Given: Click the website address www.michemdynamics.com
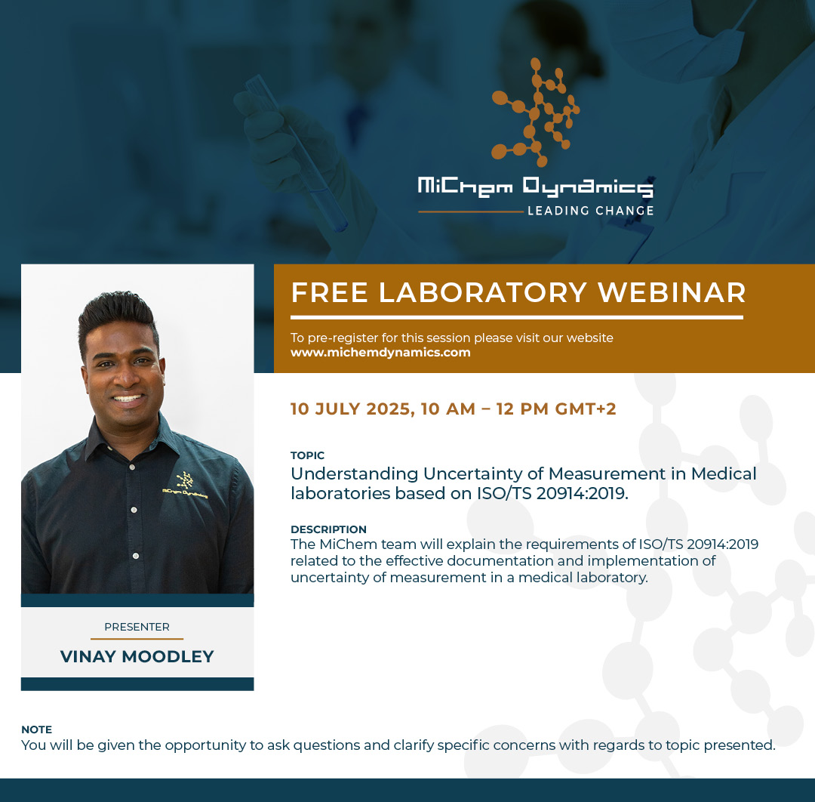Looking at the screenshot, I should (380, 352).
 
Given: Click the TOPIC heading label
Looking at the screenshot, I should (307, 455).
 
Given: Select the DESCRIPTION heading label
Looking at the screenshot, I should (328, 529).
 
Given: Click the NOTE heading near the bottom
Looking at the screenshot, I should (36, 730).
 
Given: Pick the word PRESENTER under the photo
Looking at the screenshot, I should (137, 627).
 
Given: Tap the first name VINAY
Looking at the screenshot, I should (88, 657).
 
